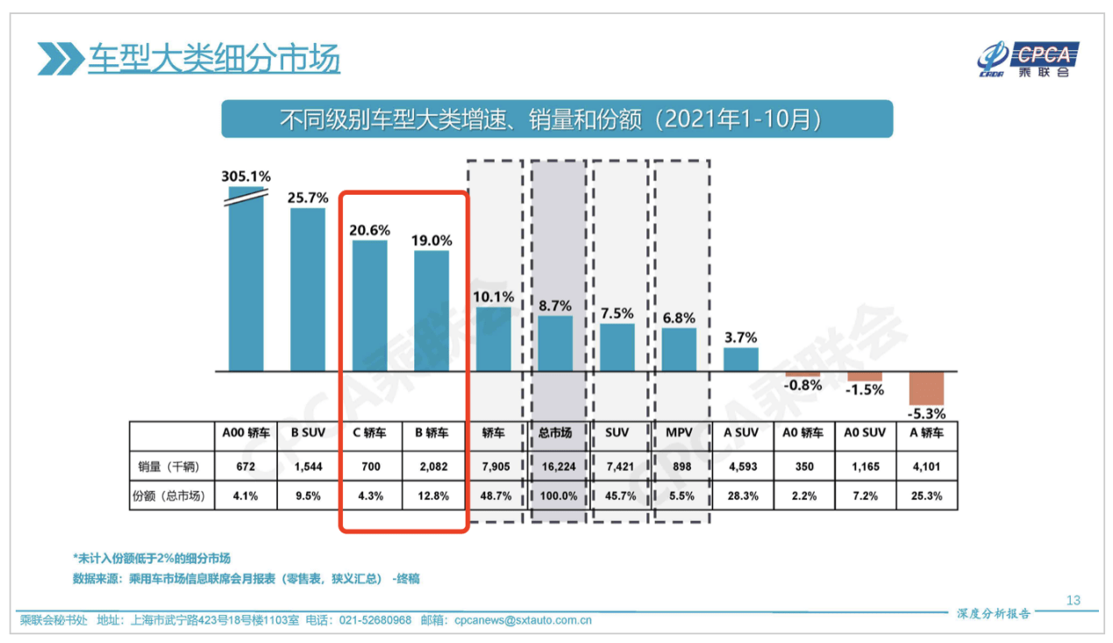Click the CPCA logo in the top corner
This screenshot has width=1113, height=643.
pos(1028,60)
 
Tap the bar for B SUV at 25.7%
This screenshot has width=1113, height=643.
pos(308,289)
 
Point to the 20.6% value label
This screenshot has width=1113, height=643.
pos(369,229)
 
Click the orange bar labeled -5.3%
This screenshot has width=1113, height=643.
pos(926,388)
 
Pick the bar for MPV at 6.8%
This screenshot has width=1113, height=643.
pos(679,349)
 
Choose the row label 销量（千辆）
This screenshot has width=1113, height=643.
pos(172,467)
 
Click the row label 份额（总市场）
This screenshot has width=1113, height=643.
pos(172,496)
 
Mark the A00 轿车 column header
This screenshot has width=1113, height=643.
pos(246,432)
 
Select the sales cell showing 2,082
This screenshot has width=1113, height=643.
pos(432,467)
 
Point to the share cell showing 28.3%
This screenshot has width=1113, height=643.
pos(740,496)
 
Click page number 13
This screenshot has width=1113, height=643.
pos(1074,601)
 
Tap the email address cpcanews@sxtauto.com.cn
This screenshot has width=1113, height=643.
pos(523,620)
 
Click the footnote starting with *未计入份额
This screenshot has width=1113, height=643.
pos(152,558)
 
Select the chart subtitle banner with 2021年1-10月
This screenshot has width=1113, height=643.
pos(556,119)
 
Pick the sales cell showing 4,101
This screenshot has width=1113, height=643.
pos(926,467)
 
